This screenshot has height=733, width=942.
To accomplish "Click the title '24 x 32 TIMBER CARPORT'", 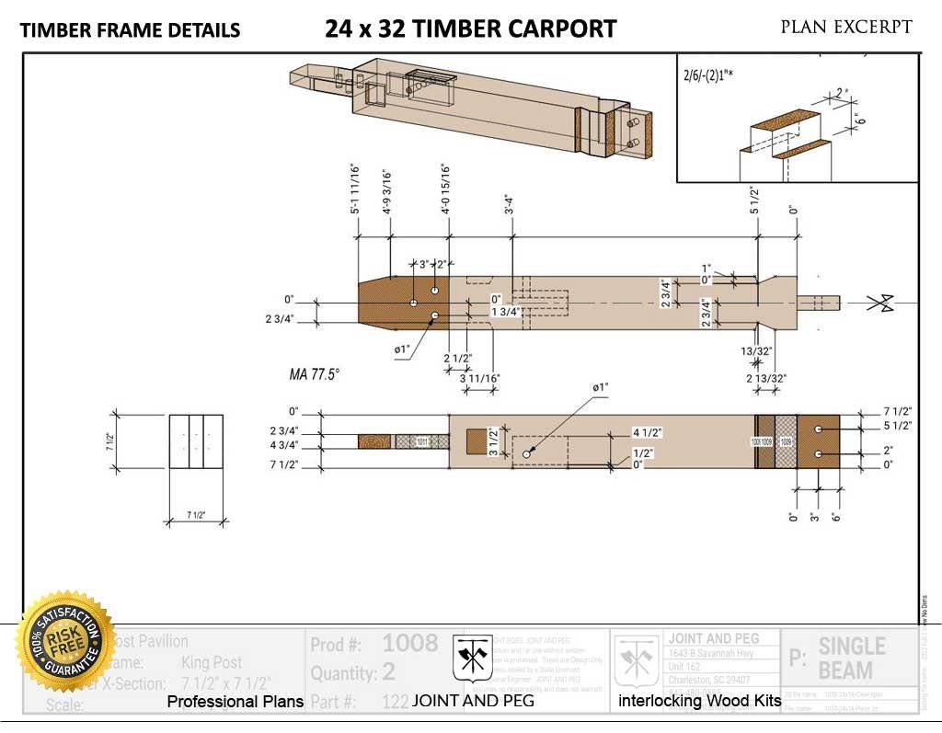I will [470, 29].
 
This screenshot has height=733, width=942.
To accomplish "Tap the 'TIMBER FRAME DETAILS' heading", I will [130, 30].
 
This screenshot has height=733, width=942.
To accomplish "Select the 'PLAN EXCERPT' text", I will [846, 27].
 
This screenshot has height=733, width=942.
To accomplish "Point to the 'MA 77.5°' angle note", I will [315, 374].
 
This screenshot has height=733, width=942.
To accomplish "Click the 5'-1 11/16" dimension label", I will [355, 189].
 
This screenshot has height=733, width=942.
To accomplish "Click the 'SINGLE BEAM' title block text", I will [851, 657].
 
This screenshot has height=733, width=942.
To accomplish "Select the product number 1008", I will [410, 643].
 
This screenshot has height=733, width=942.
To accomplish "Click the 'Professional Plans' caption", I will [235, 702].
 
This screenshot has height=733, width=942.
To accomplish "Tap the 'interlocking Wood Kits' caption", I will [700, 702].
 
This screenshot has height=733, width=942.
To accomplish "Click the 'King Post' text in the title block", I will [213, 662].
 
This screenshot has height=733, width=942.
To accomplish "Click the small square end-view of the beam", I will [195, 442].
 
